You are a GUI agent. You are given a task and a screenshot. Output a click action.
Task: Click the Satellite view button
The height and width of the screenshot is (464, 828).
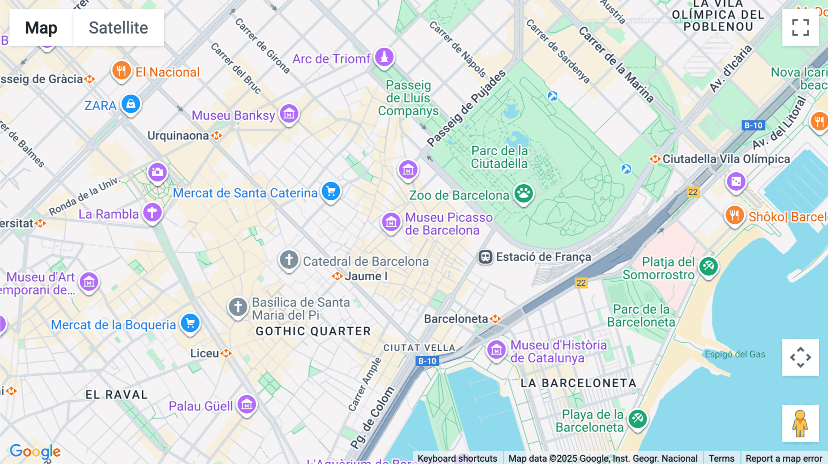click(x=118, y=28)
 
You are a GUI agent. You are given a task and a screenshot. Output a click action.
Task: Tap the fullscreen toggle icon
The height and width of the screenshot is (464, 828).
click(x=800, y=28)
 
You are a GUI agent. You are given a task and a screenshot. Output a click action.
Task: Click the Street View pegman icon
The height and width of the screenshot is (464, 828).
click(x=800, y=424)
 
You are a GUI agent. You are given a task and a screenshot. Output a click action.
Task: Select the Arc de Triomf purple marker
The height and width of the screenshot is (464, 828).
click(x=384, y=57)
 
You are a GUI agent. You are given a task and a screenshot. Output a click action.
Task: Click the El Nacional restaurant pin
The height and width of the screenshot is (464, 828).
click(x=121, y=71)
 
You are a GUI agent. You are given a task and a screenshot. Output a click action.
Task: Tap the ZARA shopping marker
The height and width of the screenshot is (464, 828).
click(x=131, y=104)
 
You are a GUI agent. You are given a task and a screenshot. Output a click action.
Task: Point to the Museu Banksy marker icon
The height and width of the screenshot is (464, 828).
click(x=289, y=113)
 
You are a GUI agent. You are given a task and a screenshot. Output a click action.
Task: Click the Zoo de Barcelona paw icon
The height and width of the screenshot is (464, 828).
click(x=523, y=193)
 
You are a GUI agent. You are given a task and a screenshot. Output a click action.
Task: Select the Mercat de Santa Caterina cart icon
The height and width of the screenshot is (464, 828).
click(x=331, y=191)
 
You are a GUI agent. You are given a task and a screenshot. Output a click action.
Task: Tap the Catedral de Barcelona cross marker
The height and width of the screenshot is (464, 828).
click(x=289, y=260)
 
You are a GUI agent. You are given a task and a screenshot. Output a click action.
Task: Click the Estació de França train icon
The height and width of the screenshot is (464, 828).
click(x=485, y=257)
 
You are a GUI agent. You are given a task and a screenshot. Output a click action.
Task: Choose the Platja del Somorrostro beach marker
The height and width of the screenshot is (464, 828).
click(x=708, y=266)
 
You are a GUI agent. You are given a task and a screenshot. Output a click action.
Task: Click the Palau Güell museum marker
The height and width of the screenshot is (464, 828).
click(x=247, y=405)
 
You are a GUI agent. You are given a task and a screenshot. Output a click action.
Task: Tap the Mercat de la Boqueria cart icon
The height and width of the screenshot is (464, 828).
click(x=190, y=323)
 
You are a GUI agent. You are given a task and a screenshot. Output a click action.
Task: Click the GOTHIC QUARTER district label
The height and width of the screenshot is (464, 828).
click(x=313, y=331)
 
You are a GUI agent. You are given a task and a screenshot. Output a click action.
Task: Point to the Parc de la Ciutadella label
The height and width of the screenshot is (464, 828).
click(x=500, y=157)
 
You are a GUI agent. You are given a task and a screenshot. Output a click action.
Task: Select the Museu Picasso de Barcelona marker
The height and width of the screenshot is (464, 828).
click(x=391, y=222)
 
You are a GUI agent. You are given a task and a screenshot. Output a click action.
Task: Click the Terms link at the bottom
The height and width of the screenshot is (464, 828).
click(x=721, y=458)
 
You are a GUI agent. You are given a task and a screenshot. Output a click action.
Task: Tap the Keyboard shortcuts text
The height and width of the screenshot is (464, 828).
click(x=457, y=458)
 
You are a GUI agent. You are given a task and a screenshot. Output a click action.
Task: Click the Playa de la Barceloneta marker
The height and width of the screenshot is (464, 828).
click(x=638, y=419)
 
